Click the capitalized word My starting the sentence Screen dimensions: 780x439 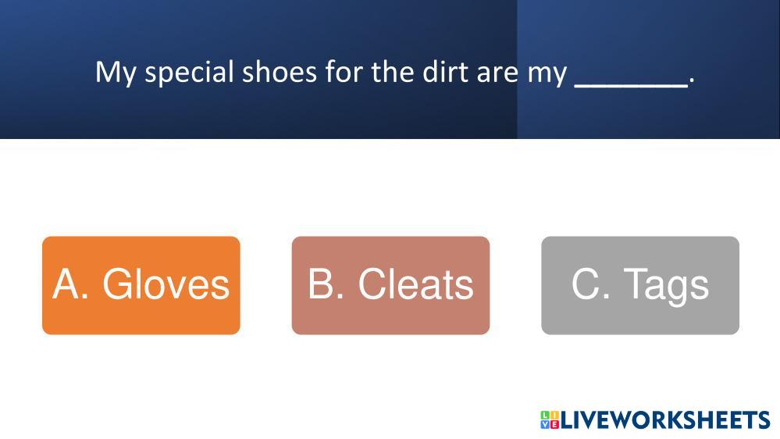116,73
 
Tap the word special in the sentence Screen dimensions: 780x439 189,73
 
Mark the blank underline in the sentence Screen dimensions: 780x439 632,87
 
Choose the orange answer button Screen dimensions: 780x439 141,285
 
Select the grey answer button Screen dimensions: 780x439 640,285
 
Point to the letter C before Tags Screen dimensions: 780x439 586,284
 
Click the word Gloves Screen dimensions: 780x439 166,284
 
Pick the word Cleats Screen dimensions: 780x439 416,284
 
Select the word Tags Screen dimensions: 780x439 666,287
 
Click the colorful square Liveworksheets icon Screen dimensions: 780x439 550,419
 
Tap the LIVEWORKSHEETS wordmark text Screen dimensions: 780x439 665,419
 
